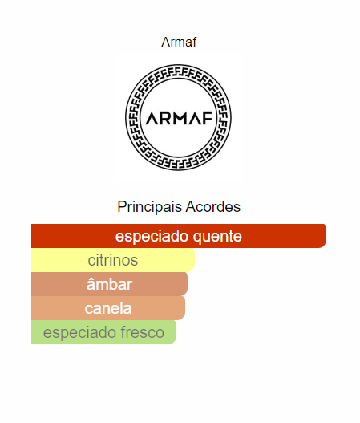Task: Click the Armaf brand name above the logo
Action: pos(179,42)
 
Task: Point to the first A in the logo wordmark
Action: pos(153,119)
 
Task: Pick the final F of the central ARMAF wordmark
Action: pos(208,119)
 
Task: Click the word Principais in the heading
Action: pos(150,207)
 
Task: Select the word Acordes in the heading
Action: pos(213,207)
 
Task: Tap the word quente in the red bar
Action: pos(217,237)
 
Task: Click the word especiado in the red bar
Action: pos(152,237)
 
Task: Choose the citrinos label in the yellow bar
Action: pos(113,260)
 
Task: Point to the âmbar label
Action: pos(109,284)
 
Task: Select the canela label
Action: pos(108,308)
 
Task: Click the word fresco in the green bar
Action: pos(142,332)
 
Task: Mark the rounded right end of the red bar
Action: pos(325,236)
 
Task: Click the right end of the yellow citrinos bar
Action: pos(193,260)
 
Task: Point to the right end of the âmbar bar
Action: pos(186,284)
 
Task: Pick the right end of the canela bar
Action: pos(184,308)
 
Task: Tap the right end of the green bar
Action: pos(175,332)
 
